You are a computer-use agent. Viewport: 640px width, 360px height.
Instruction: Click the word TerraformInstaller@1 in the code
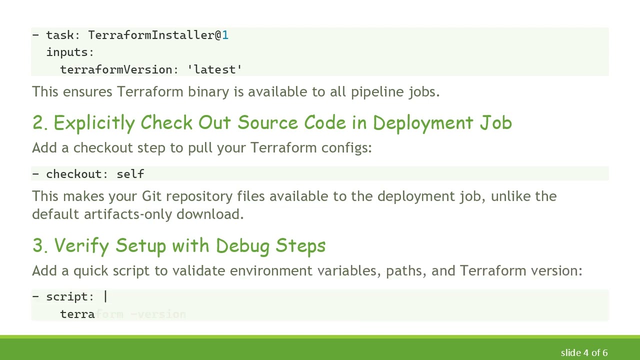point(158,35)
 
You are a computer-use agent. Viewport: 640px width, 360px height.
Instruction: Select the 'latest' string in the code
point(214,69)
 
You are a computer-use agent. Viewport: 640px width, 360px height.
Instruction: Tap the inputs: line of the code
point(70,52)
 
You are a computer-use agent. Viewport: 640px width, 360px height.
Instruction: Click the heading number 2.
point(39,123)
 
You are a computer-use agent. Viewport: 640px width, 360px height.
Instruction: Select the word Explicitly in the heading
point(94,123)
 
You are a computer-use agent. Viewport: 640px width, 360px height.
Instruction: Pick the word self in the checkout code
point(130,174)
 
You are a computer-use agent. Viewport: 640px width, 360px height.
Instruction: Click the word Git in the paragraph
point(151,196)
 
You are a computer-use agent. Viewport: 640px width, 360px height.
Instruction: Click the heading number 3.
point(39,246)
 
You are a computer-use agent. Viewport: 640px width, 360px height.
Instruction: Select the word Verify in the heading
point(82,246)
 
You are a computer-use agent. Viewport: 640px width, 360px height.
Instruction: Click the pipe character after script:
point(105,296)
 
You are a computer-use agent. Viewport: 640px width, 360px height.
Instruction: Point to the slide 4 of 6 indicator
point(584,352)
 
